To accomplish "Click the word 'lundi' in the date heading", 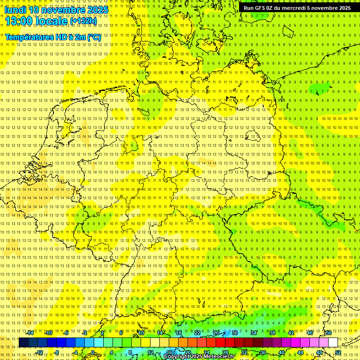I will [15, 10].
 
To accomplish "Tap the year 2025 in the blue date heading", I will [97, 10].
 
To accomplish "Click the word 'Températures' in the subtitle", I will [28, 37].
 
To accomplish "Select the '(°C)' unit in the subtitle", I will [93, 37].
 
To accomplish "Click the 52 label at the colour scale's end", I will [338, 352].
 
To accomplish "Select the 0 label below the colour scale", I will [93, 352].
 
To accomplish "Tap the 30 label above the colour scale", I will [234, 333].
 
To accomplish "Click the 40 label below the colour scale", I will [281, 352].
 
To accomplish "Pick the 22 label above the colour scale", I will [197, 333].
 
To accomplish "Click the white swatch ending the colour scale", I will [333, 343].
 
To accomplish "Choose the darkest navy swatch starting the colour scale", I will [23, 343].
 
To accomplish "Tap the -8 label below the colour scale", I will [57, 352].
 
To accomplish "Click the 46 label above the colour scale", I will [309, 333].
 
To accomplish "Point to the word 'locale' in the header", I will [51, 21].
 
